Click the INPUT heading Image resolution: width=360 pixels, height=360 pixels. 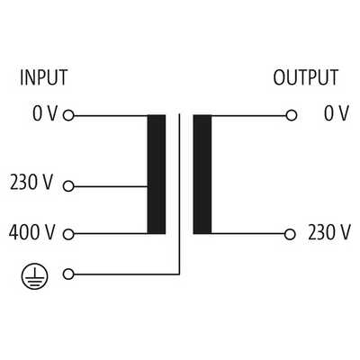43,77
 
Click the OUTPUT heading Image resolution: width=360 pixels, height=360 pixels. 306,77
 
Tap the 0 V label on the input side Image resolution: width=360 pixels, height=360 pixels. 45,113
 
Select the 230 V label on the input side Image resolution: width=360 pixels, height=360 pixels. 31,182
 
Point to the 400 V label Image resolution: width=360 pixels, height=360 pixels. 32,232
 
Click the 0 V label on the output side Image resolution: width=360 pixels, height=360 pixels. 337,113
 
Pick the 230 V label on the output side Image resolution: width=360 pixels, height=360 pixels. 329,232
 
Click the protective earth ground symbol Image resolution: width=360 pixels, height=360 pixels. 35,275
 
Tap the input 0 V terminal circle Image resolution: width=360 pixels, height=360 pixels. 68,115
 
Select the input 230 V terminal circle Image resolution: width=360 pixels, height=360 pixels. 68,186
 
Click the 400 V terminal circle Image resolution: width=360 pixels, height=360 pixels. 68,234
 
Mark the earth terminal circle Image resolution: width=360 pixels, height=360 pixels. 68,274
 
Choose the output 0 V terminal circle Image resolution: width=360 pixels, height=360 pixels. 292,115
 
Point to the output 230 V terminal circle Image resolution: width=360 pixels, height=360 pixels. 290,234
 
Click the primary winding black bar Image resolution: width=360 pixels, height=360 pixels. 157,175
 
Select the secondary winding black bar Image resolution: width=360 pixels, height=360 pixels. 202,175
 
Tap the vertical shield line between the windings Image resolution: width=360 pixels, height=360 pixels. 179,193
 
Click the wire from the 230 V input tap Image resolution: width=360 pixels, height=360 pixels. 111,186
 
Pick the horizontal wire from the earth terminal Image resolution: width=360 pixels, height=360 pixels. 127,274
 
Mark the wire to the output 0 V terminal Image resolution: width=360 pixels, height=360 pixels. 248,115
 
